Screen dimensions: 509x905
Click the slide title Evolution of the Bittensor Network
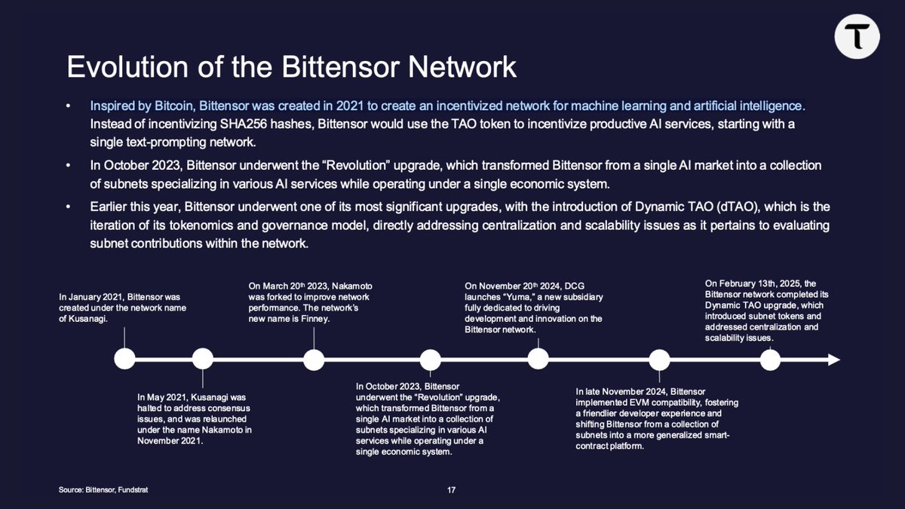coord(291,67)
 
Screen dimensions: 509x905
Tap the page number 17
coord(451,491)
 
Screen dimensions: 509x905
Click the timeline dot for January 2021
coord(124,359)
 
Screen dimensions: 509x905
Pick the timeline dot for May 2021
coord(203,359)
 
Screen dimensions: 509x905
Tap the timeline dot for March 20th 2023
coord(314,359)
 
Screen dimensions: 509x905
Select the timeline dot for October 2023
coord(430,360)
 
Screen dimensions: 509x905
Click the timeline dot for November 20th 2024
coord(538,359)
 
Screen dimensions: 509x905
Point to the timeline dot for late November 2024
coord(659,360)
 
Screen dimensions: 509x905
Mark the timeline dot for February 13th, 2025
coord(770,360)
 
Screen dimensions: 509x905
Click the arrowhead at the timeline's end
coord(834,360)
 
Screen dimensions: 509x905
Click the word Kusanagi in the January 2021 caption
coord(87,319)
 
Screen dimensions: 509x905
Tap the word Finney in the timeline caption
coord(316,319)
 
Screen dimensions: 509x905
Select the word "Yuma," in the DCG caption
coord(511,297)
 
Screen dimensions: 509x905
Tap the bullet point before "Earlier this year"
coord(69,207)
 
